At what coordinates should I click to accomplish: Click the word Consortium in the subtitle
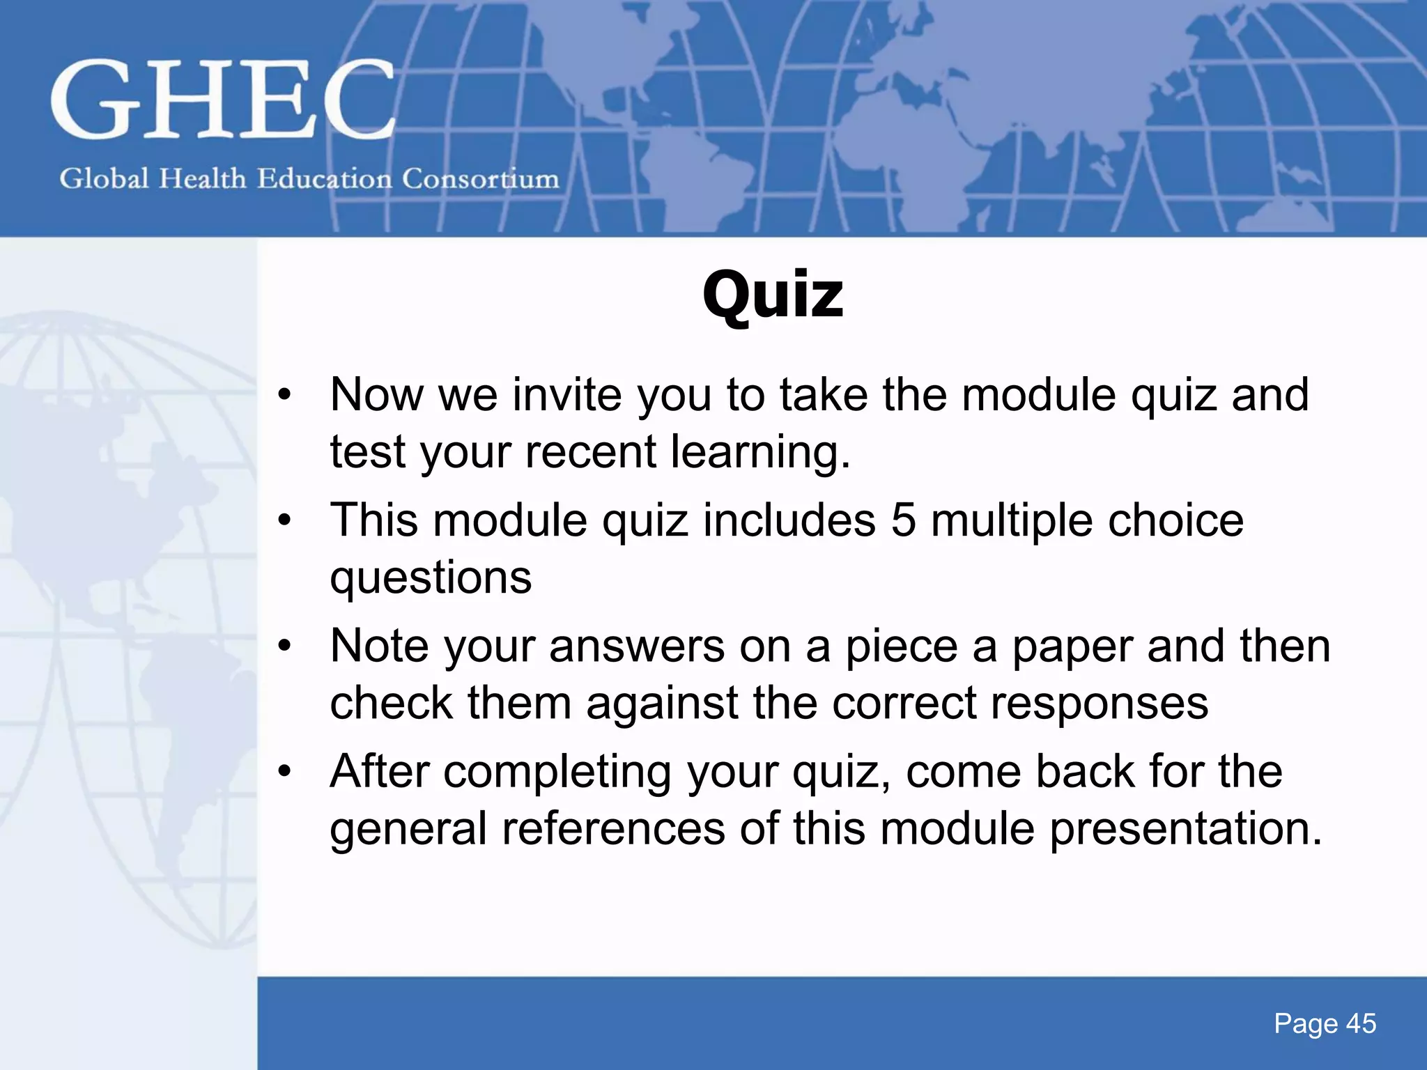481,179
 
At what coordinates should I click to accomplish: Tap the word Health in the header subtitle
202,179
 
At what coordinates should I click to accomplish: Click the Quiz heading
773,295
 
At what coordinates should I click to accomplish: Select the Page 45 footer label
1325,1023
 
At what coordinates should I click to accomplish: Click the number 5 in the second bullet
903,520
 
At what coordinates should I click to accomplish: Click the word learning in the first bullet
759,452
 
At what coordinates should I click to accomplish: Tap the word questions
431,578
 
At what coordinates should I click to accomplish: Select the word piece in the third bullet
901,646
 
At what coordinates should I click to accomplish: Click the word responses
1099,703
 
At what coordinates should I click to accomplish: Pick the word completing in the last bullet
557,772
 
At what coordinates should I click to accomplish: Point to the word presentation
1185,829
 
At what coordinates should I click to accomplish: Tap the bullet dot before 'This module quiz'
284,520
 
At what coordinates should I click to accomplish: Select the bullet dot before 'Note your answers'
284,646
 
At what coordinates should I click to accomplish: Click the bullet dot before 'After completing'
284,772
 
